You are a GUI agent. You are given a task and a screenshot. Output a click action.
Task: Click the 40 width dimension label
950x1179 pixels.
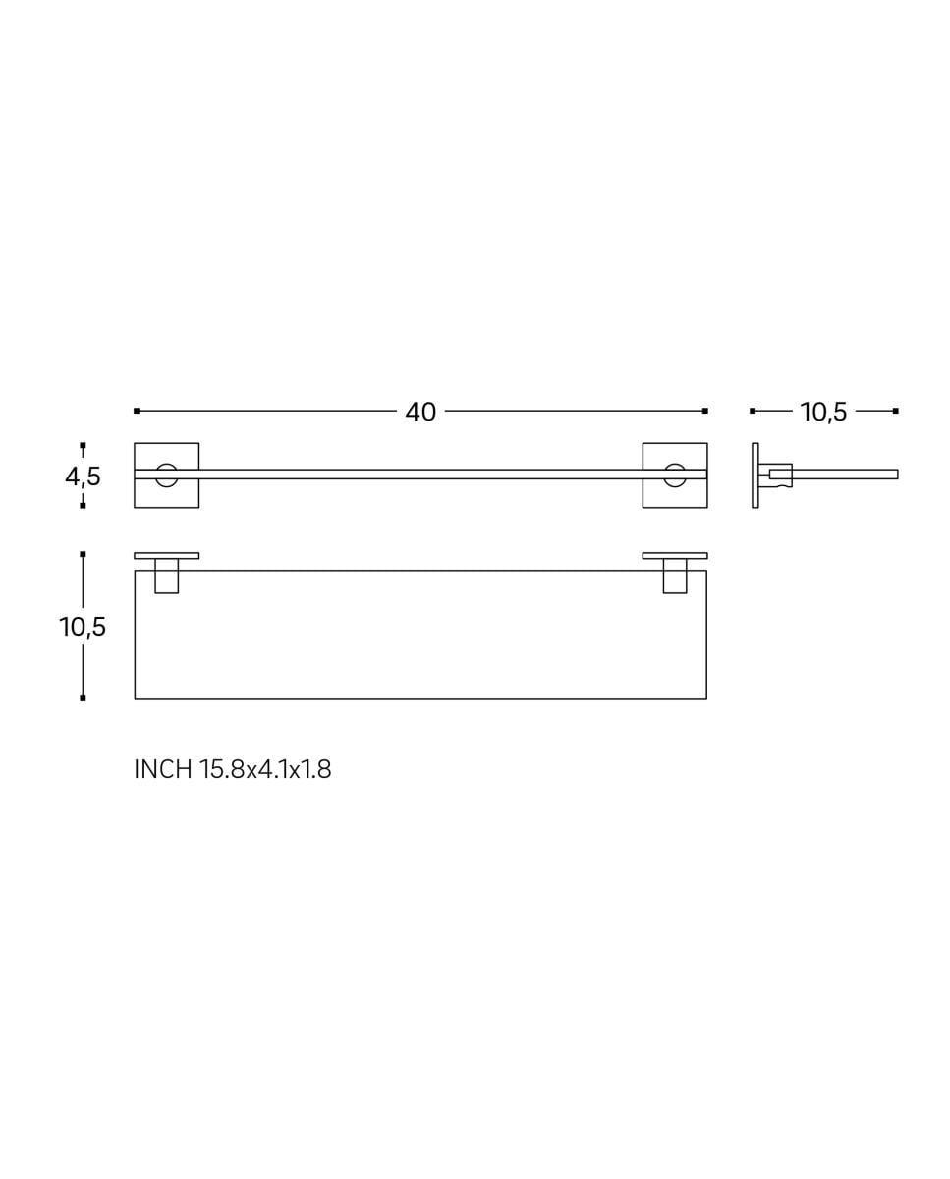pos(420,412)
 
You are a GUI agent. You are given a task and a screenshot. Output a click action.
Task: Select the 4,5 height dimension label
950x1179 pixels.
pos(83,477)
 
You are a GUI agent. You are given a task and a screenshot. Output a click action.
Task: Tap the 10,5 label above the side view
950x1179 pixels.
pos(823,412)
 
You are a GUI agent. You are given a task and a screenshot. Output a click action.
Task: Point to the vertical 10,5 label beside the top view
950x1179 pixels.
pos(83,627)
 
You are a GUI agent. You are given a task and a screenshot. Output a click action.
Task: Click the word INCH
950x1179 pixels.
pos(163,769)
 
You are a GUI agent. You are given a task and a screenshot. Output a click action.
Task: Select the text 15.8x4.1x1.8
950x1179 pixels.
pos(265,769)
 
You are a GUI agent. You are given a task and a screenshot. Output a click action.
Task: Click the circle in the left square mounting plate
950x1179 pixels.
pos(167,475)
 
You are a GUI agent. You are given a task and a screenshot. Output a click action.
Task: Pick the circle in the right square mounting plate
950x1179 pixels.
pos(675,475)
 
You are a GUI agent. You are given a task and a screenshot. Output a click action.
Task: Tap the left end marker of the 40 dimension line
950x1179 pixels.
pos(137,411)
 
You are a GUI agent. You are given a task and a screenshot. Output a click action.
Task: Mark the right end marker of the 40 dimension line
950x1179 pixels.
pos(705,411)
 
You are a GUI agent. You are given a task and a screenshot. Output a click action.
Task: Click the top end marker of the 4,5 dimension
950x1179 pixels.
pos(83,445)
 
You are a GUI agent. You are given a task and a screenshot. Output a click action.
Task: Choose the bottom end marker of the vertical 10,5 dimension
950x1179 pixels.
pos(83,698)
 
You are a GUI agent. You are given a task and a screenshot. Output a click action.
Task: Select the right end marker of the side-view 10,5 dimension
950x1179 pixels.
pos(896,411)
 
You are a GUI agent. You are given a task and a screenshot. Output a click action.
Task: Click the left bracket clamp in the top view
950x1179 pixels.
pos(167,577)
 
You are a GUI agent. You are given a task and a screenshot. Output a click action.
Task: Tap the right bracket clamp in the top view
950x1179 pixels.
pos(675,577)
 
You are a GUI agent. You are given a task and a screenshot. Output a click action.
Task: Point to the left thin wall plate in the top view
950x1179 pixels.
pos(167,555)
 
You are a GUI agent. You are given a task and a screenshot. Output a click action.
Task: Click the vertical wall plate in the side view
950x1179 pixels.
pos(754,476)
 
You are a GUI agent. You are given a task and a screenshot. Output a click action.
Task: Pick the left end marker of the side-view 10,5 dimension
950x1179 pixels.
pos(753,411)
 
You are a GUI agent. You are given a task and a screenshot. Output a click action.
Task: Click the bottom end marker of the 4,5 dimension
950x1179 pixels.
pos(83,506)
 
